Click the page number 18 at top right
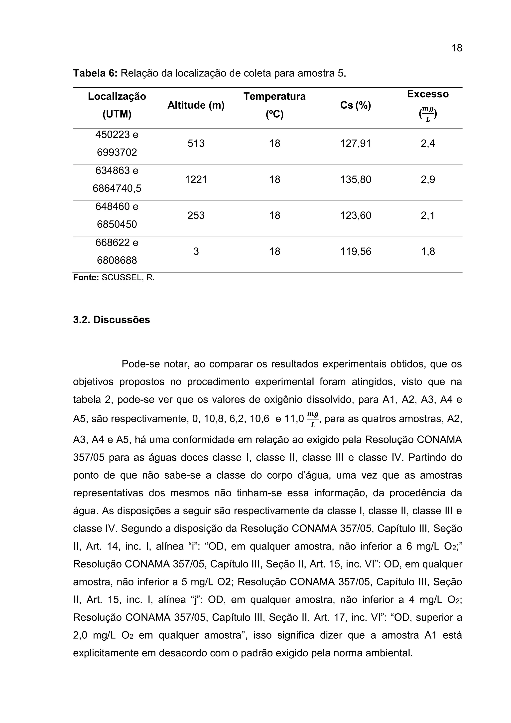[x=457, y=48]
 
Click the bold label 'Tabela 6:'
[x=95, y=73]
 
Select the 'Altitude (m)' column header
[x=196, y=106]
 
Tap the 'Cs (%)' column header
[x=356, y=106]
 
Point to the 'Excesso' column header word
[x=428, y=94]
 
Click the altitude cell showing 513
[x=196, y=144]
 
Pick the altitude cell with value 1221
[x=196, y=180]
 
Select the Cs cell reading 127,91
[x=356, y=144]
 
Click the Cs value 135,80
[x=356, y=180]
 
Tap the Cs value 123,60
[x=356, y=215]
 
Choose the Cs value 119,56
[x=356, y=251]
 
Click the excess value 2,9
[x=428, y=180]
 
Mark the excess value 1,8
[x=428, y=251]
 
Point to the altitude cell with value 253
[x=196, y=215]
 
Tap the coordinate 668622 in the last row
[x=112, y=242]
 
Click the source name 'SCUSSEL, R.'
[x=128, y=278]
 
